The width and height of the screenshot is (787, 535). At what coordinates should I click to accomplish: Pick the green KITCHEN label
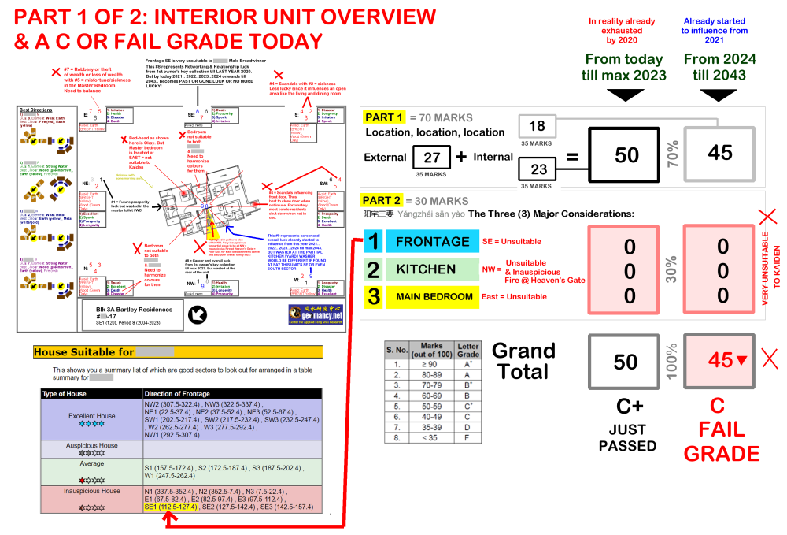(x=426, y=269)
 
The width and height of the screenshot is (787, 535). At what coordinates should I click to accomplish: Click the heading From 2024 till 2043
(x=720, y=68)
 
